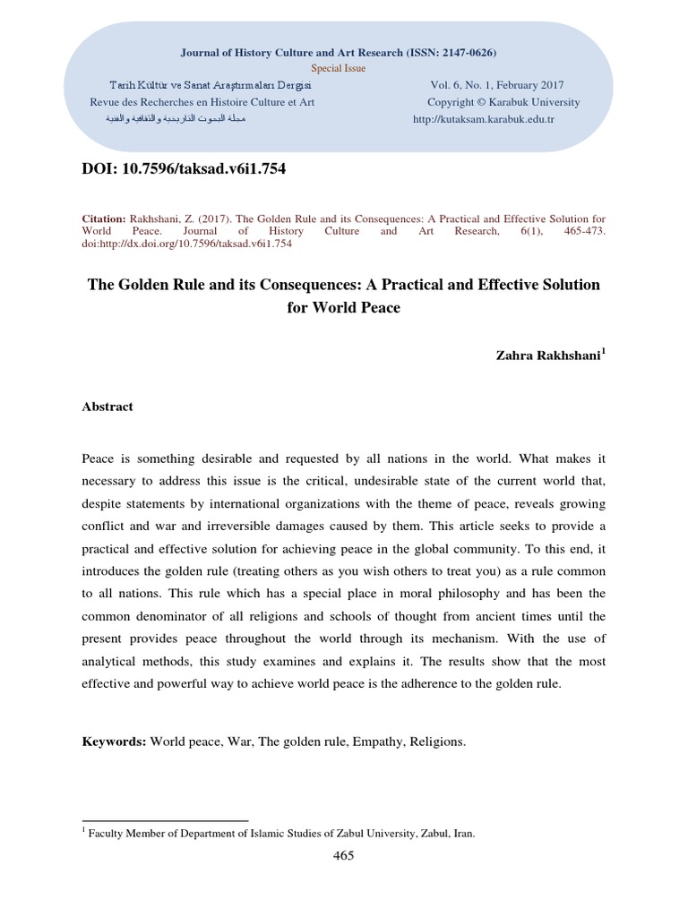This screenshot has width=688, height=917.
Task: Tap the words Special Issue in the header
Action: pyautogui.click(x=339, y=68)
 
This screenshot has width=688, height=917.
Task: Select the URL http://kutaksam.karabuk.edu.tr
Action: pyautogui.click(x=484, y=119)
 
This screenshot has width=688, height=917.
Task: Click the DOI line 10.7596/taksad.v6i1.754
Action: pyautogui.click(x=184, y=168)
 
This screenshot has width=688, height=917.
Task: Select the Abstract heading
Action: pyautogui.click(x=107, y=407)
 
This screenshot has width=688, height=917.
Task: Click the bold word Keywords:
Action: pyautogui.click(x=114, y=742)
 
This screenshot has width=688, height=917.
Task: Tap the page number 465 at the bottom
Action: pyautogui.click(x=343, y=855)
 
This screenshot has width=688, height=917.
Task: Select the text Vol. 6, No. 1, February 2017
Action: pyautogui.click(x=492, y=85)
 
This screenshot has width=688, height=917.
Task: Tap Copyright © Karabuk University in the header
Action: pyautogui.click(x=503, y=102)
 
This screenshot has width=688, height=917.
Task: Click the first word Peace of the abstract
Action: pyautogui.click(x=99, y=458)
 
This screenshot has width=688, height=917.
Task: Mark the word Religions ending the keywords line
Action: pyautogui.click(x=438, y=742)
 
